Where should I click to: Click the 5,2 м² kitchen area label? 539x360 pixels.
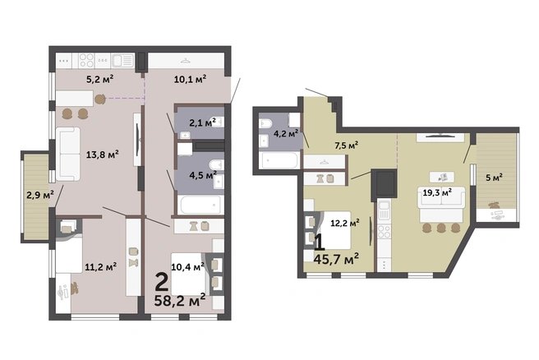pos(99,80)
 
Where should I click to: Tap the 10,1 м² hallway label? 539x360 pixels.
pos(190,80)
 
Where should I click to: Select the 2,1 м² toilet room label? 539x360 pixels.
pos(202,122)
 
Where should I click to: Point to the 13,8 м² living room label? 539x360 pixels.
pos(103,155)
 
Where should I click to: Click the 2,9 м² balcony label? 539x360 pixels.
pos(40,195)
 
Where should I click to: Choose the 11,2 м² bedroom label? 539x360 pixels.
pos(101,266)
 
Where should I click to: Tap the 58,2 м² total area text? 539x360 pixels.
pos(180,300)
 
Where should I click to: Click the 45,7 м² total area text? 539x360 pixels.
pos(336,259)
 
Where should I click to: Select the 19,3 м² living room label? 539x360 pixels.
pos(437,192)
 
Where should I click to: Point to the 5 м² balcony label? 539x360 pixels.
pos(494,178)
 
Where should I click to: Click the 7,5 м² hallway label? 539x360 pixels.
pos(347,145)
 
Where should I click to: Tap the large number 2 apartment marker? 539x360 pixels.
pos(162,282)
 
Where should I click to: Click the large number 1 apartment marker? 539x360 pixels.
pos(320,242)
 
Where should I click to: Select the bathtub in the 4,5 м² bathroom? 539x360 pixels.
pos(200,205)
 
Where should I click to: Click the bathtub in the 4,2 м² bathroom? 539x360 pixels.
pos(280,160)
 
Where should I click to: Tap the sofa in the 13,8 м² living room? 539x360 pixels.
pos(68,154)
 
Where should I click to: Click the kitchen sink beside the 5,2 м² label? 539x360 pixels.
pos(122,61)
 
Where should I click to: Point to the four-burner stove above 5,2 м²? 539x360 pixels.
pos(86,61)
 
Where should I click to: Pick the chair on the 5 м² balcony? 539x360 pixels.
pos(495,205)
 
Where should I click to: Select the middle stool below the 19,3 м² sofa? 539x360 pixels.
pos(441,228)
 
